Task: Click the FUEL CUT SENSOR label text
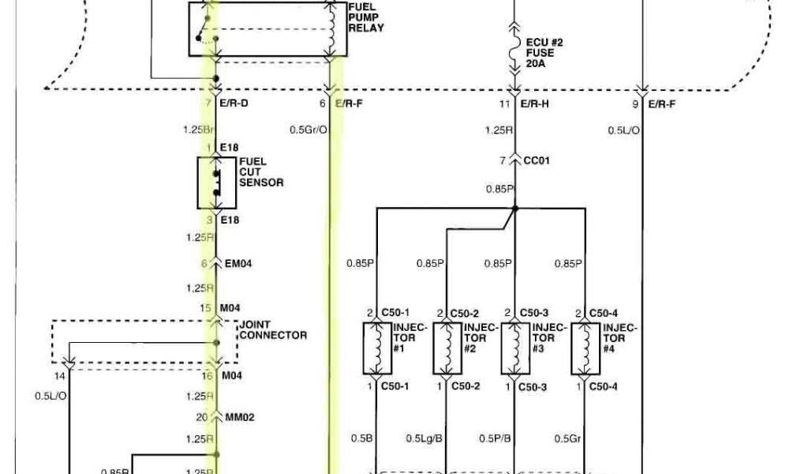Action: click(261, 172)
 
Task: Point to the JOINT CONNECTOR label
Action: click(272, 329)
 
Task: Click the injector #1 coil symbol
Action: click(376, 348)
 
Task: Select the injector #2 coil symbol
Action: click(447, 348)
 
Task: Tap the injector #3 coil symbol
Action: click(514, 348)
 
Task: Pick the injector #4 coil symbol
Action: click(585, 348)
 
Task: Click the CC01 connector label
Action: click(537, 160)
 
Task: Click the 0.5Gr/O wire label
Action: click(308, 130)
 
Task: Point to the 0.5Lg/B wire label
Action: click(423, 438)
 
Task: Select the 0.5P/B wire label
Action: click(496, 438)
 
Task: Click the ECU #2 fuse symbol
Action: click(514, 52)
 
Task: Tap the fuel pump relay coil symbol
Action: click(331, 28)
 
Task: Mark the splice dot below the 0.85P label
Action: click(514, 209)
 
